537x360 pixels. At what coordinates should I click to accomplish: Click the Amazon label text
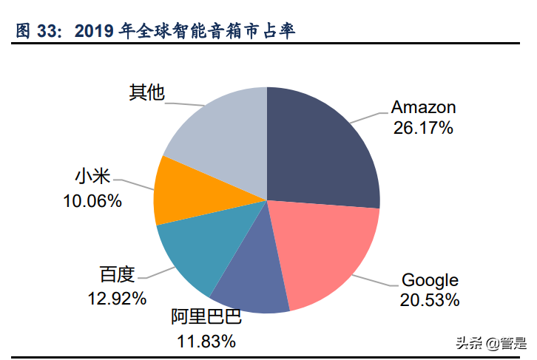coord(423,107)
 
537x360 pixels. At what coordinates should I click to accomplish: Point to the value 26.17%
coord(423,128)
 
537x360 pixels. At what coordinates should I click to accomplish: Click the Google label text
coord(430,280)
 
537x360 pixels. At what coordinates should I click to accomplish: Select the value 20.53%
coord(430,300)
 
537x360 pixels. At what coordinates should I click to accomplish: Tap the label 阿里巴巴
coord(206,319)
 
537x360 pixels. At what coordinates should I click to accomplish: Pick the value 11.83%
coord(206,341)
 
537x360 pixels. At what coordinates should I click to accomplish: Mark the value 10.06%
coord(92,200)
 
